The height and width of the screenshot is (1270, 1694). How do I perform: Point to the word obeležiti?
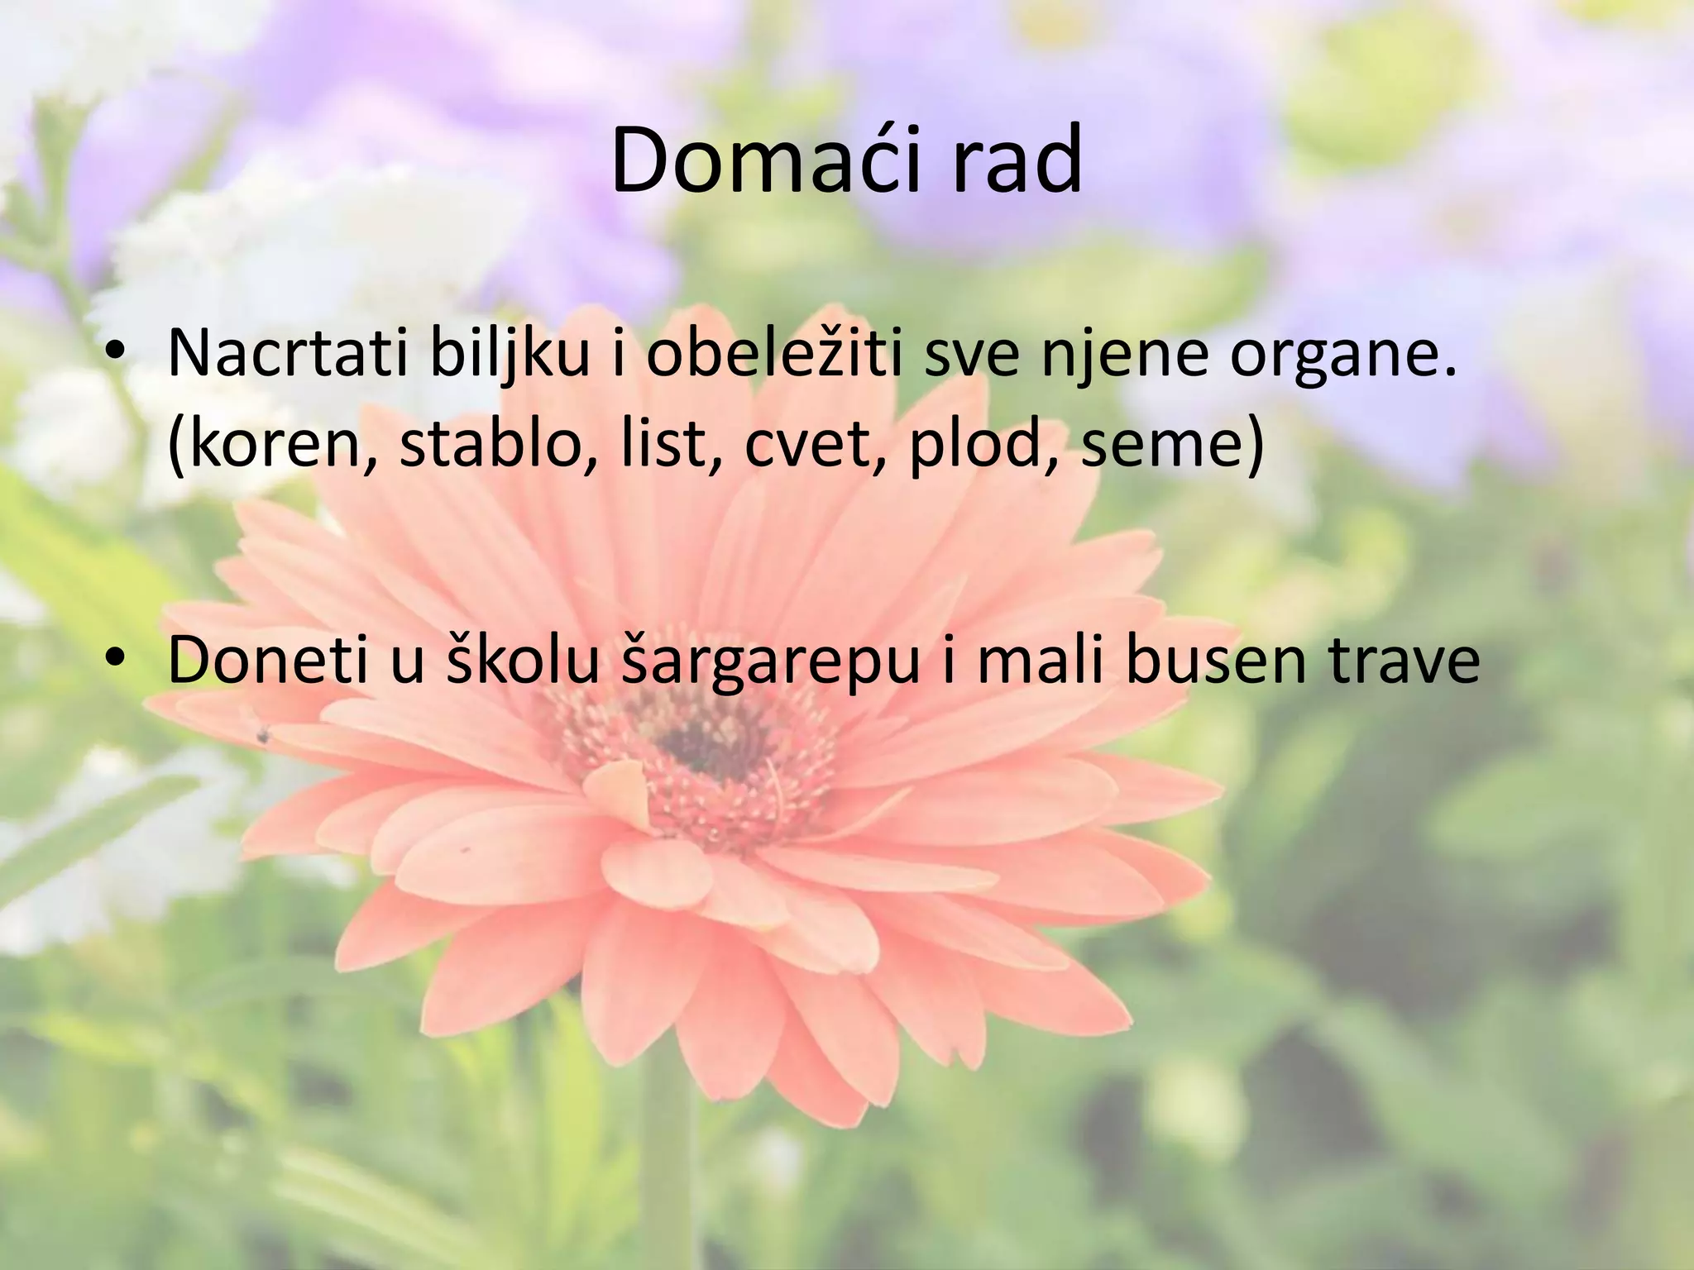(x=773, y=353)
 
